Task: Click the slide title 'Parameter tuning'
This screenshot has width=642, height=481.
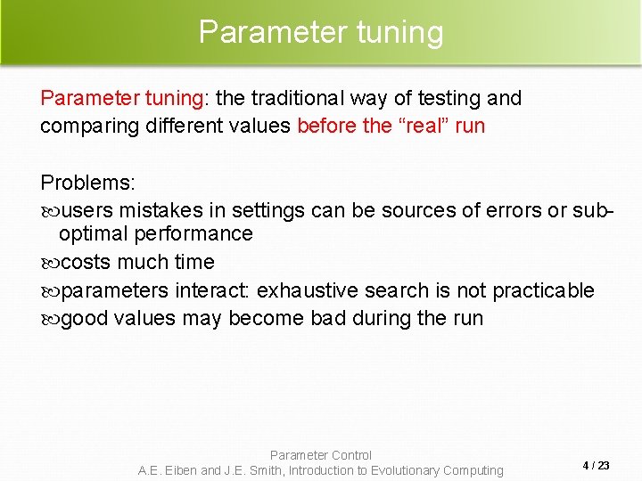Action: (x=320, y=32)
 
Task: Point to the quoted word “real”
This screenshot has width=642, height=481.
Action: (x=423, y=126)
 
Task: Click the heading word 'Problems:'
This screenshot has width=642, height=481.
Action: (x=87, y=183)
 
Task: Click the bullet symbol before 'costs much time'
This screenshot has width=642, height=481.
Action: (x=49, y=263)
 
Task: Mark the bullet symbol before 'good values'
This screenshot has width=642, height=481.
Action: (x=49, y=319)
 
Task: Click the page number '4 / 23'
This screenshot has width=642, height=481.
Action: (x=596, y=466)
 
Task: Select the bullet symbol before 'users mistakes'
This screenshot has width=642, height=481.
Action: (x=49, y=211)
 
